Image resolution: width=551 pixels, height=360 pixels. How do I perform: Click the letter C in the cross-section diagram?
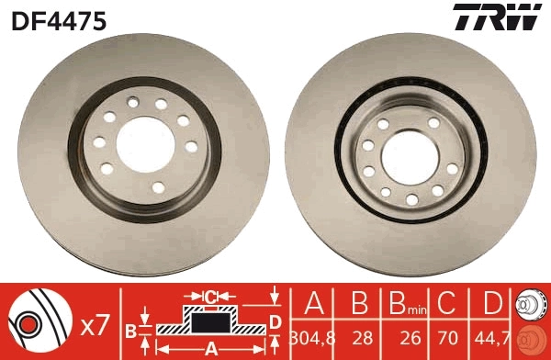coord(209,297)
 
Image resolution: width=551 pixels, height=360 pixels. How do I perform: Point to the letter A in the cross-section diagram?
coord(210,347)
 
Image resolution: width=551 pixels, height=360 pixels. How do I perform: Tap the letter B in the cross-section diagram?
coord(130,330)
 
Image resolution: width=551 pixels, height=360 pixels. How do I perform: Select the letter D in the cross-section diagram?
coord(274,321)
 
